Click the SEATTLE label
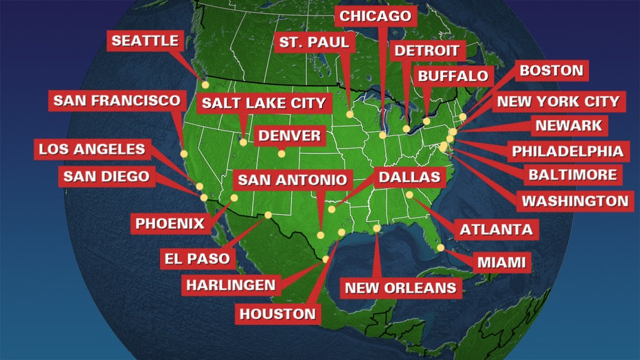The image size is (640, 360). point(144,41)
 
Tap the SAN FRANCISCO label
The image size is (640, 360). point(117,101)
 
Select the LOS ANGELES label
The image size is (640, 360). point(91,149)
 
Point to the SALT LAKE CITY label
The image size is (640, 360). point(263,104)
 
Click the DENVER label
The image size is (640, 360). point(290,135)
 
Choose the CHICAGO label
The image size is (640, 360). point(376,16)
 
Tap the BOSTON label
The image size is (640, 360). point(551,70)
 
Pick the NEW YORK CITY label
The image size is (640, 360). point(558,102)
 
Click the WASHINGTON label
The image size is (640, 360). point(575,201)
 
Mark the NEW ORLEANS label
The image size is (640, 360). point(400,288)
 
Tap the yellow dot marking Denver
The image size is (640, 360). point(281,154)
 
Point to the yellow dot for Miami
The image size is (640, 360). point(440,248)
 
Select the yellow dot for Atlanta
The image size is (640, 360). point(409,194)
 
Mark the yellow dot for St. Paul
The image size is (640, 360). point(350,115)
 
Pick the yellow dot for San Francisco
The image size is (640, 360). point(183,154)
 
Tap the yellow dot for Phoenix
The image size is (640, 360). point(234,198)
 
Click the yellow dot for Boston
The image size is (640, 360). point(464,117)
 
